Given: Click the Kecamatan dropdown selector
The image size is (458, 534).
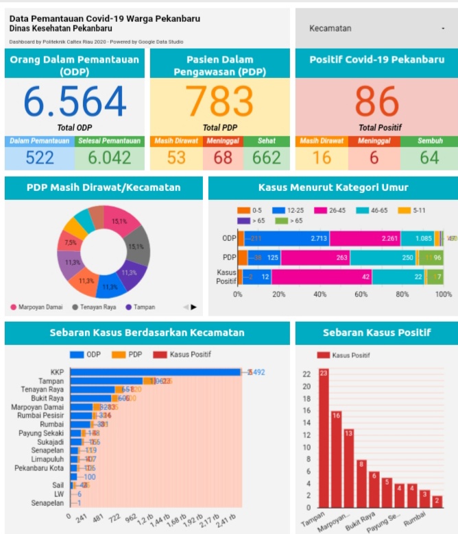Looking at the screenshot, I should (376, 28).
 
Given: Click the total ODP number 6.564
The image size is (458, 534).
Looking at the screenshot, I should (75, 102).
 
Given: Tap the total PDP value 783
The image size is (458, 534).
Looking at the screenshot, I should (220, 102).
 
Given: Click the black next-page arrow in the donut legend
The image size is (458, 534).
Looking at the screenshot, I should (193, 307).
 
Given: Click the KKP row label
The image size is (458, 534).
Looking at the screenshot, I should (57, 372).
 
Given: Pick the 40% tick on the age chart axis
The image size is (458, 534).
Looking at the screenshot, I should (320, 294).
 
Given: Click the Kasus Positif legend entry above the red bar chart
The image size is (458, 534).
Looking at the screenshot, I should (350, 355).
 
